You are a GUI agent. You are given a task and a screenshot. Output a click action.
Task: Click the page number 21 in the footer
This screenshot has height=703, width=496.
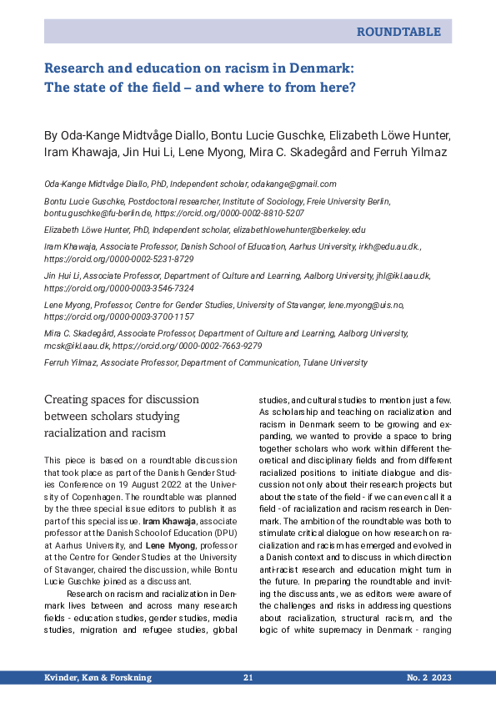(x=248, y=677)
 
